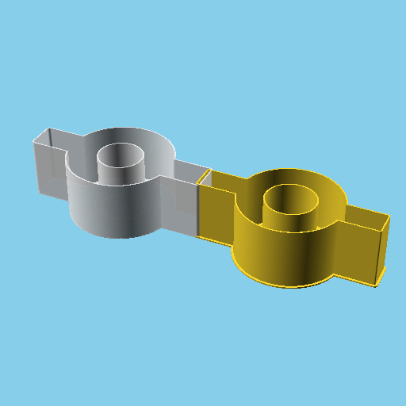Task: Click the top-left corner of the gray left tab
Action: pyautogui.click(x=33, y=140)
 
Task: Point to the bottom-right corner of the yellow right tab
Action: pyautogui.click(x=380, y=285)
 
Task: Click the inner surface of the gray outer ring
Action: pyautogui.click(x=159, y=155)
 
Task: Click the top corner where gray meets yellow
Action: pyautogui.click(x=208, y=170)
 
